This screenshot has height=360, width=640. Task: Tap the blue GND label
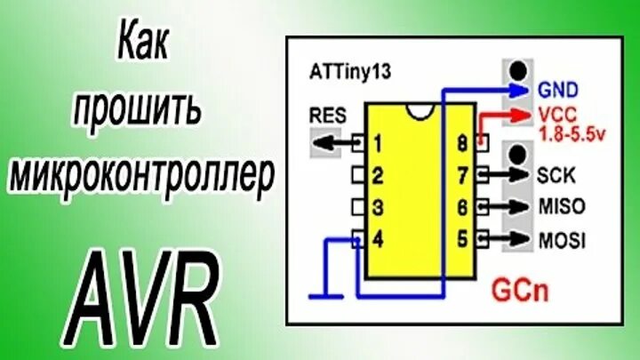(558, 90)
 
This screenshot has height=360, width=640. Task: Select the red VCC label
(556, 116)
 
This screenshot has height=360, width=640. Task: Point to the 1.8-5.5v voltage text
(571, 133)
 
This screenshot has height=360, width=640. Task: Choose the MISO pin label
(561, 207)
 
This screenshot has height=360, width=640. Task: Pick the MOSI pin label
(561, 239)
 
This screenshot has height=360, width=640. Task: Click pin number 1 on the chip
(378, 142)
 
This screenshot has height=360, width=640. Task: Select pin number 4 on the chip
(378, 239)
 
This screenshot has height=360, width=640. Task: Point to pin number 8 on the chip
(462, 142)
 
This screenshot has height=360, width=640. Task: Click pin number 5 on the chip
(462, 239)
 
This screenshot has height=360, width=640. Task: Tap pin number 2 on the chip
(378, 175)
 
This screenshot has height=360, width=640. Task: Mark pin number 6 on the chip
(462, 207)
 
